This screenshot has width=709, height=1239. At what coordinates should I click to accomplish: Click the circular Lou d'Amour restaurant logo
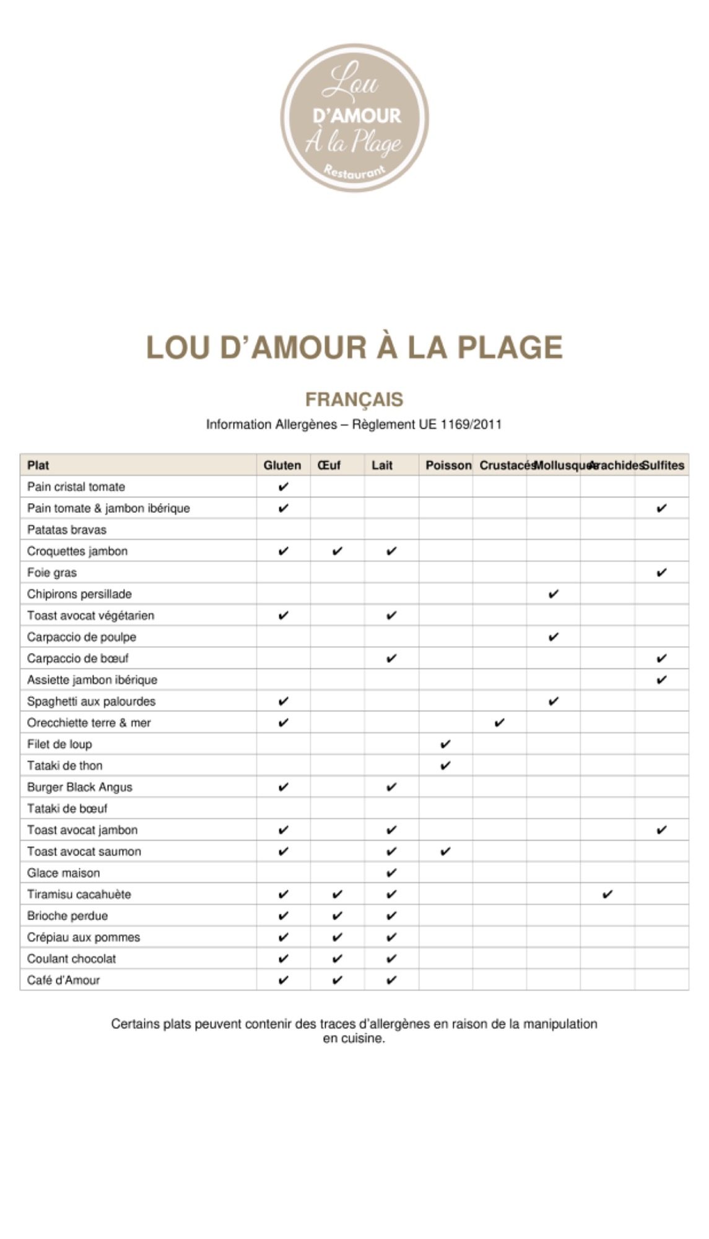[x=354, y=118]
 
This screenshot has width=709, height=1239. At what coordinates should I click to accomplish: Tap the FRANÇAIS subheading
[x=354, y=400]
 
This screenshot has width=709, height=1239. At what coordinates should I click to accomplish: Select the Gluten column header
[x=282, y=465]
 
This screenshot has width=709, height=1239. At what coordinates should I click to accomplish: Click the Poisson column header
[x=448, y=465]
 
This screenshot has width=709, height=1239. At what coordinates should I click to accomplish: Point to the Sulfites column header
[x=663, y=465]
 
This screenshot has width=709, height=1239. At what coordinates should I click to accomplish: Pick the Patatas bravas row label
[x=67, y=530]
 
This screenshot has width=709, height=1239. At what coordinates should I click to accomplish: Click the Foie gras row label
[x=52, y=572]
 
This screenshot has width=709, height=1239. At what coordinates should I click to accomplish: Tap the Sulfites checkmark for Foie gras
[x=661, y=572]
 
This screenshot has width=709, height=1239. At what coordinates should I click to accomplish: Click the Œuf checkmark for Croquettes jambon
[x=337, y=551]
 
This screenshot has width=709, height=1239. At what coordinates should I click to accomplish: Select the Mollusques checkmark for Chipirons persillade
[x=554, y=594]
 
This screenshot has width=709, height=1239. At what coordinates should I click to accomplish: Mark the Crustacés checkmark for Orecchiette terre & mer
[x=500, y=722]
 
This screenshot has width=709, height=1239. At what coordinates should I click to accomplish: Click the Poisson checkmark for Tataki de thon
[x=445, y=766]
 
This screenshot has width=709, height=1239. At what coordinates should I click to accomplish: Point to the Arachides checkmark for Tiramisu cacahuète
[x=607, y=894]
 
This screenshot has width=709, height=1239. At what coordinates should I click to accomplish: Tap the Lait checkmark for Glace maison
[x=391, y=873]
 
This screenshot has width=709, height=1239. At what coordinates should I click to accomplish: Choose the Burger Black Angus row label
[x=80, y=787]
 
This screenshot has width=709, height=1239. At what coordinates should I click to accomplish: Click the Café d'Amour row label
[x=63, y=980]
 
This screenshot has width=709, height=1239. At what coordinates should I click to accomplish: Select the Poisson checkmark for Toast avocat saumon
[x=445, y=851]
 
